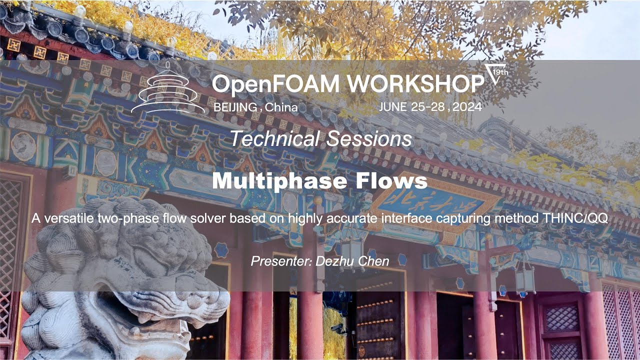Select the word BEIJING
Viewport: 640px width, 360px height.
235,107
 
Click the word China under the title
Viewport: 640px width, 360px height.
281,107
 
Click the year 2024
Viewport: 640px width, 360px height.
468,107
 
